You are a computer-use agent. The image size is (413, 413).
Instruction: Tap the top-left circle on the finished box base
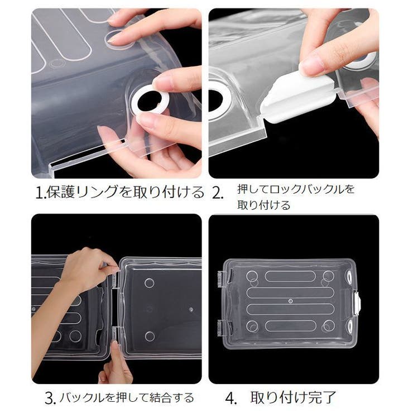click(x=252, y=276)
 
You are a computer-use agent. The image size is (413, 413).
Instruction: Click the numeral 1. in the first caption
click(x=40, y=194)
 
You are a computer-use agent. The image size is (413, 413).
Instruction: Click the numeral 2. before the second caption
click(x=218, y=194)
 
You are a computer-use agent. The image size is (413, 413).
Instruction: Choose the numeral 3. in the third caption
click(x=49, y=398)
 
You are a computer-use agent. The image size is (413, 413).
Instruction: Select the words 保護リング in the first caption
click(x=75, y=193)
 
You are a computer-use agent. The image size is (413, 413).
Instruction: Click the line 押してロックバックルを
click(x=296, y=189)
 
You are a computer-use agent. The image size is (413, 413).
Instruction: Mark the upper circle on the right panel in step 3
click(x=149, y=283)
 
